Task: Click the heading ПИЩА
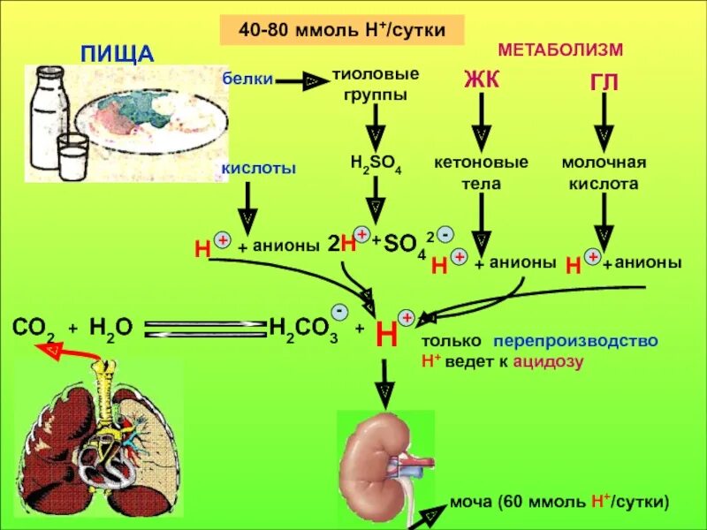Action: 118,52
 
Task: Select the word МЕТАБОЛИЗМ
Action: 560,49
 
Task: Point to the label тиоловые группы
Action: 376,83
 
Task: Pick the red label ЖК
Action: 482,80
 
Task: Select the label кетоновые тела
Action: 481,173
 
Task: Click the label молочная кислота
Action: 604,173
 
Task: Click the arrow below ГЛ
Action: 604,120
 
